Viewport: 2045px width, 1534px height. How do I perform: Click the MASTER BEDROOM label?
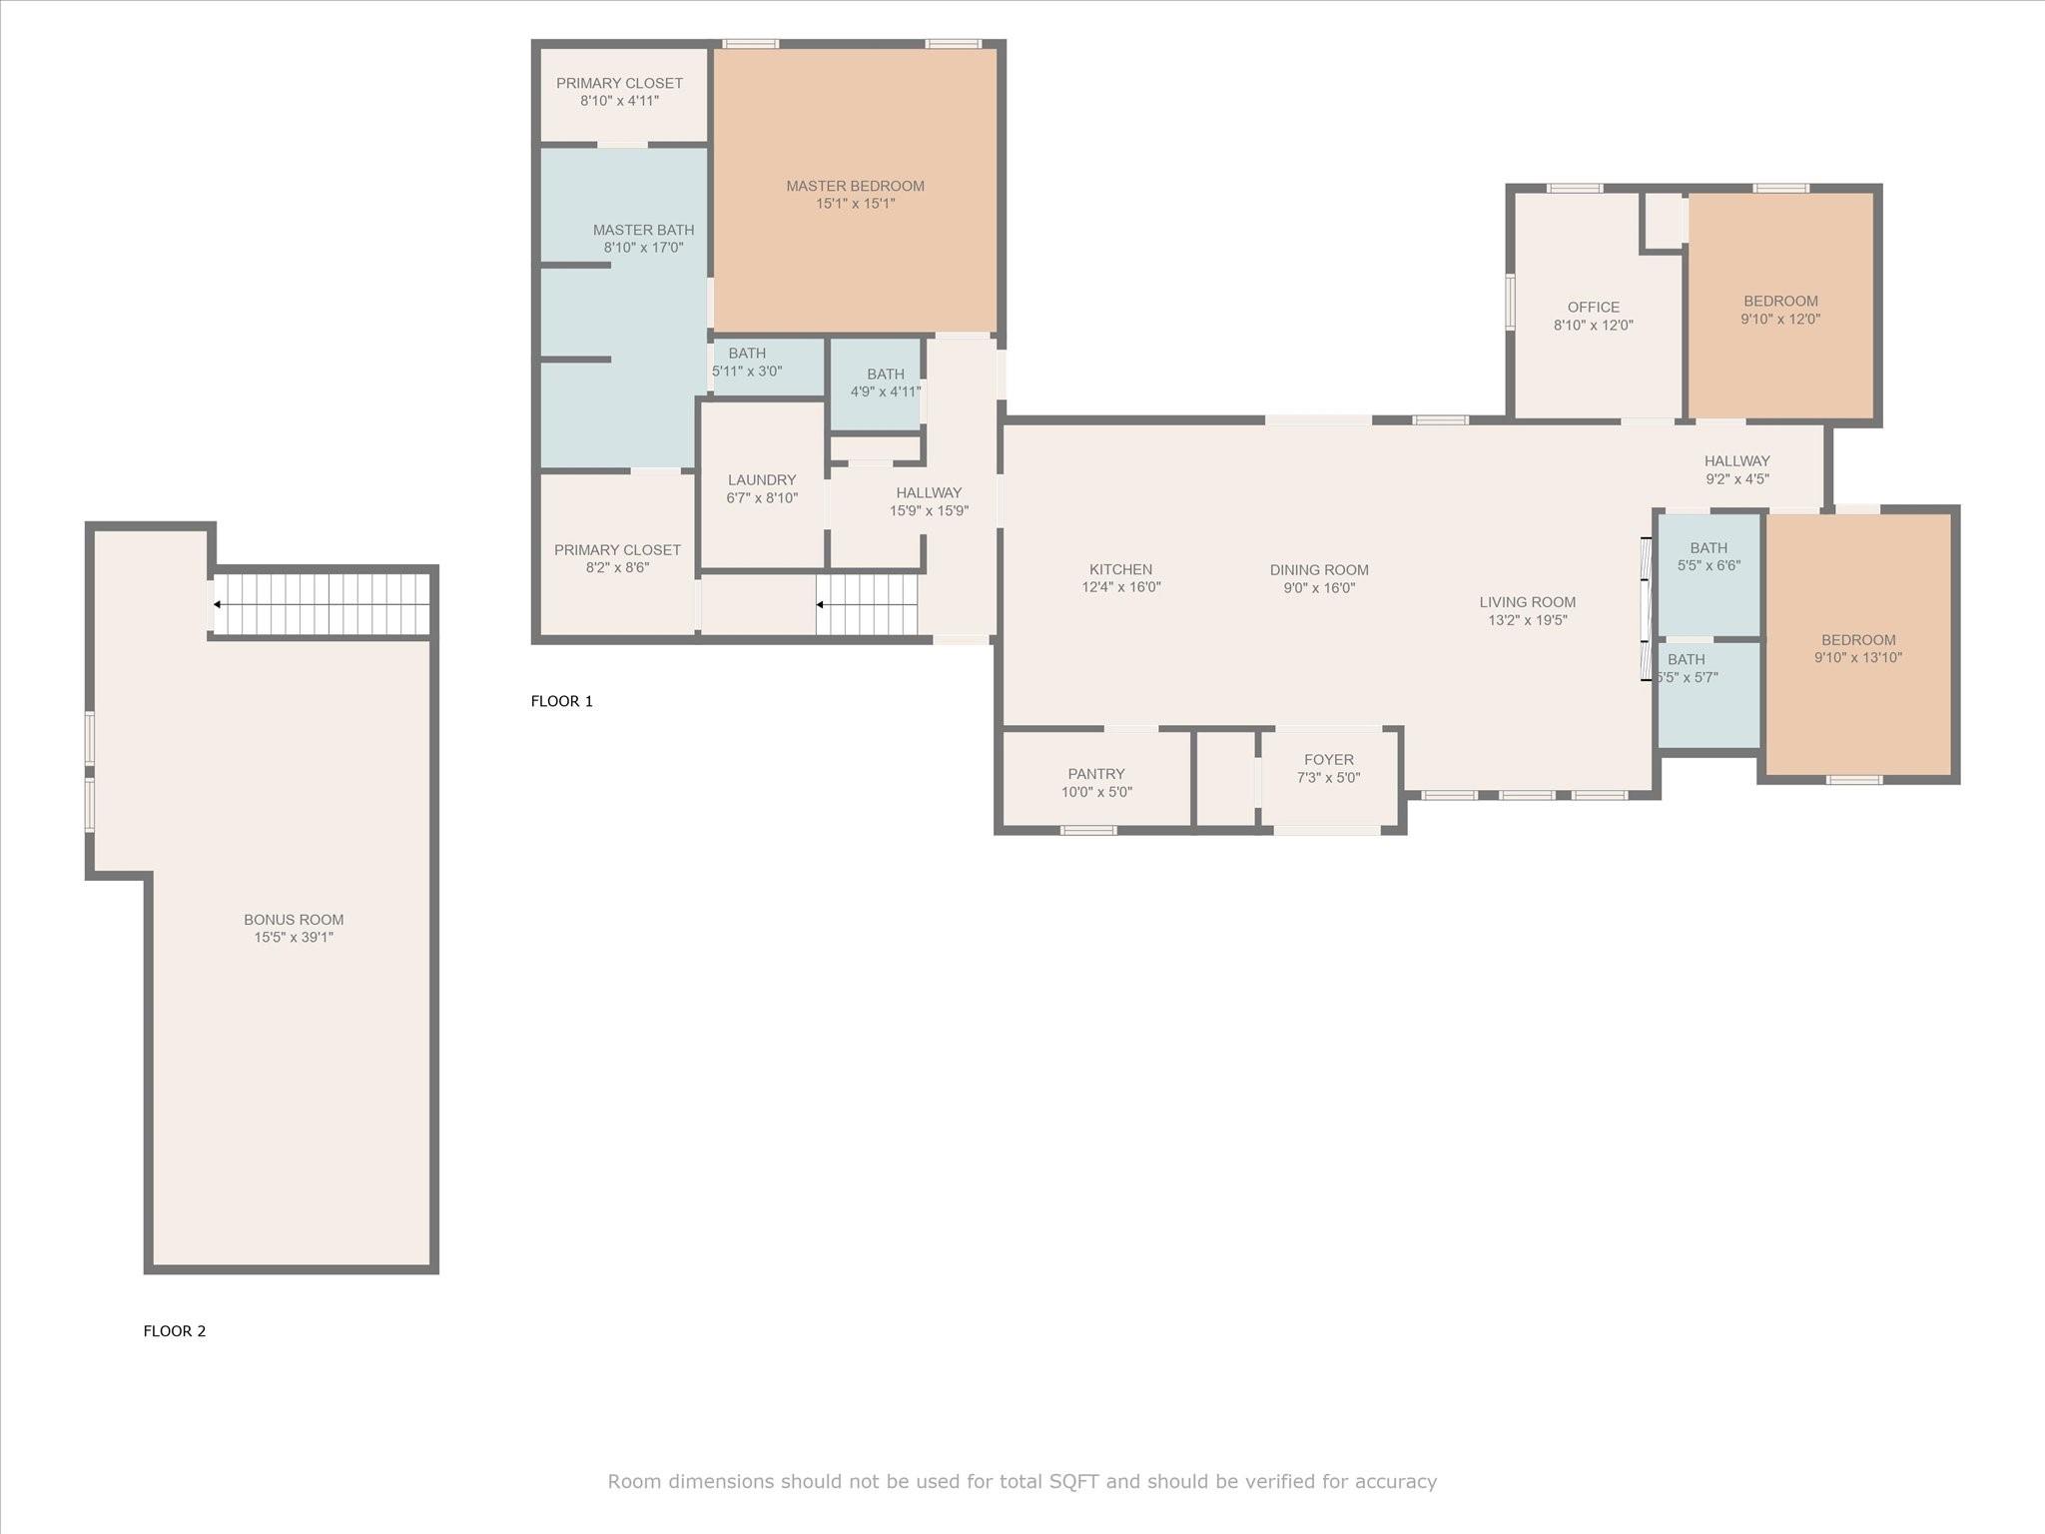pos(855,186)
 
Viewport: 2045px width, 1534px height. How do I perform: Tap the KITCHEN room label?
pos(1120,569)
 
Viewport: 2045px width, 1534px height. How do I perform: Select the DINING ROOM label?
pos(1319,570)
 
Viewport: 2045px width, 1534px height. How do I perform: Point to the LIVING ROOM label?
pos(1528,602)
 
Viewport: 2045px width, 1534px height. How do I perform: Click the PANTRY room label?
pos(1096,774)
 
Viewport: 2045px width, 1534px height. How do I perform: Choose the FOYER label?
pos(1329,760)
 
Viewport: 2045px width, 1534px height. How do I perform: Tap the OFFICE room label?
pos(1594,308)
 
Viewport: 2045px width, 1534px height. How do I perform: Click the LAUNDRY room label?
pos(762,480)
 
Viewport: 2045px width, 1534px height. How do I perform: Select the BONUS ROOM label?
pos(294,920)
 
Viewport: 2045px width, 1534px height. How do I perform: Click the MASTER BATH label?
pos(643,230)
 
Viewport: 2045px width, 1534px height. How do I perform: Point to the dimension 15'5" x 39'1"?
pos(294,938)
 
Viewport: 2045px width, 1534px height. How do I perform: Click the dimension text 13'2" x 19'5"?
pos(1528,620)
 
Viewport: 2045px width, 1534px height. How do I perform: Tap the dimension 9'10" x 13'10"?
pos(1858,658)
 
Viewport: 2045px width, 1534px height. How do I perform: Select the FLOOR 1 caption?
pos(562,701)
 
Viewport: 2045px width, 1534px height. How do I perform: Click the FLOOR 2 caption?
pos(175,1331)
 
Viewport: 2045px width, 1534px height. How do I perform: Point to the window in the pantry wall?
pos(1088,830)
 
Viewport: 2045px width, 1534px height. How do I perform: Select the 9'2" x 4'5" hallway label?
pos(1737,479)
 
